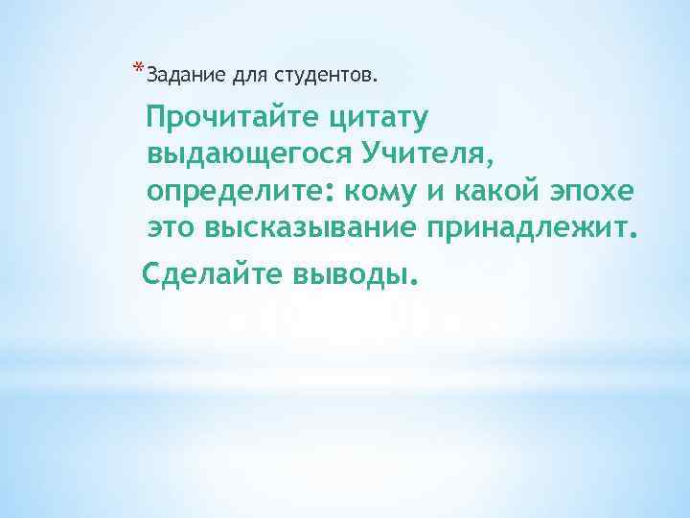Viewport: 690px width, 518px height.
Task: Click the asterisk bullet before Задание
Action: point(139,67)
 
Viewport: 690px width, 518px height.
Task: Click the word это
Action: point(170,227)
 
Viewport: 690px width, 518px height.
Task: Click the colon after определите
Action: point(331,195)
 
